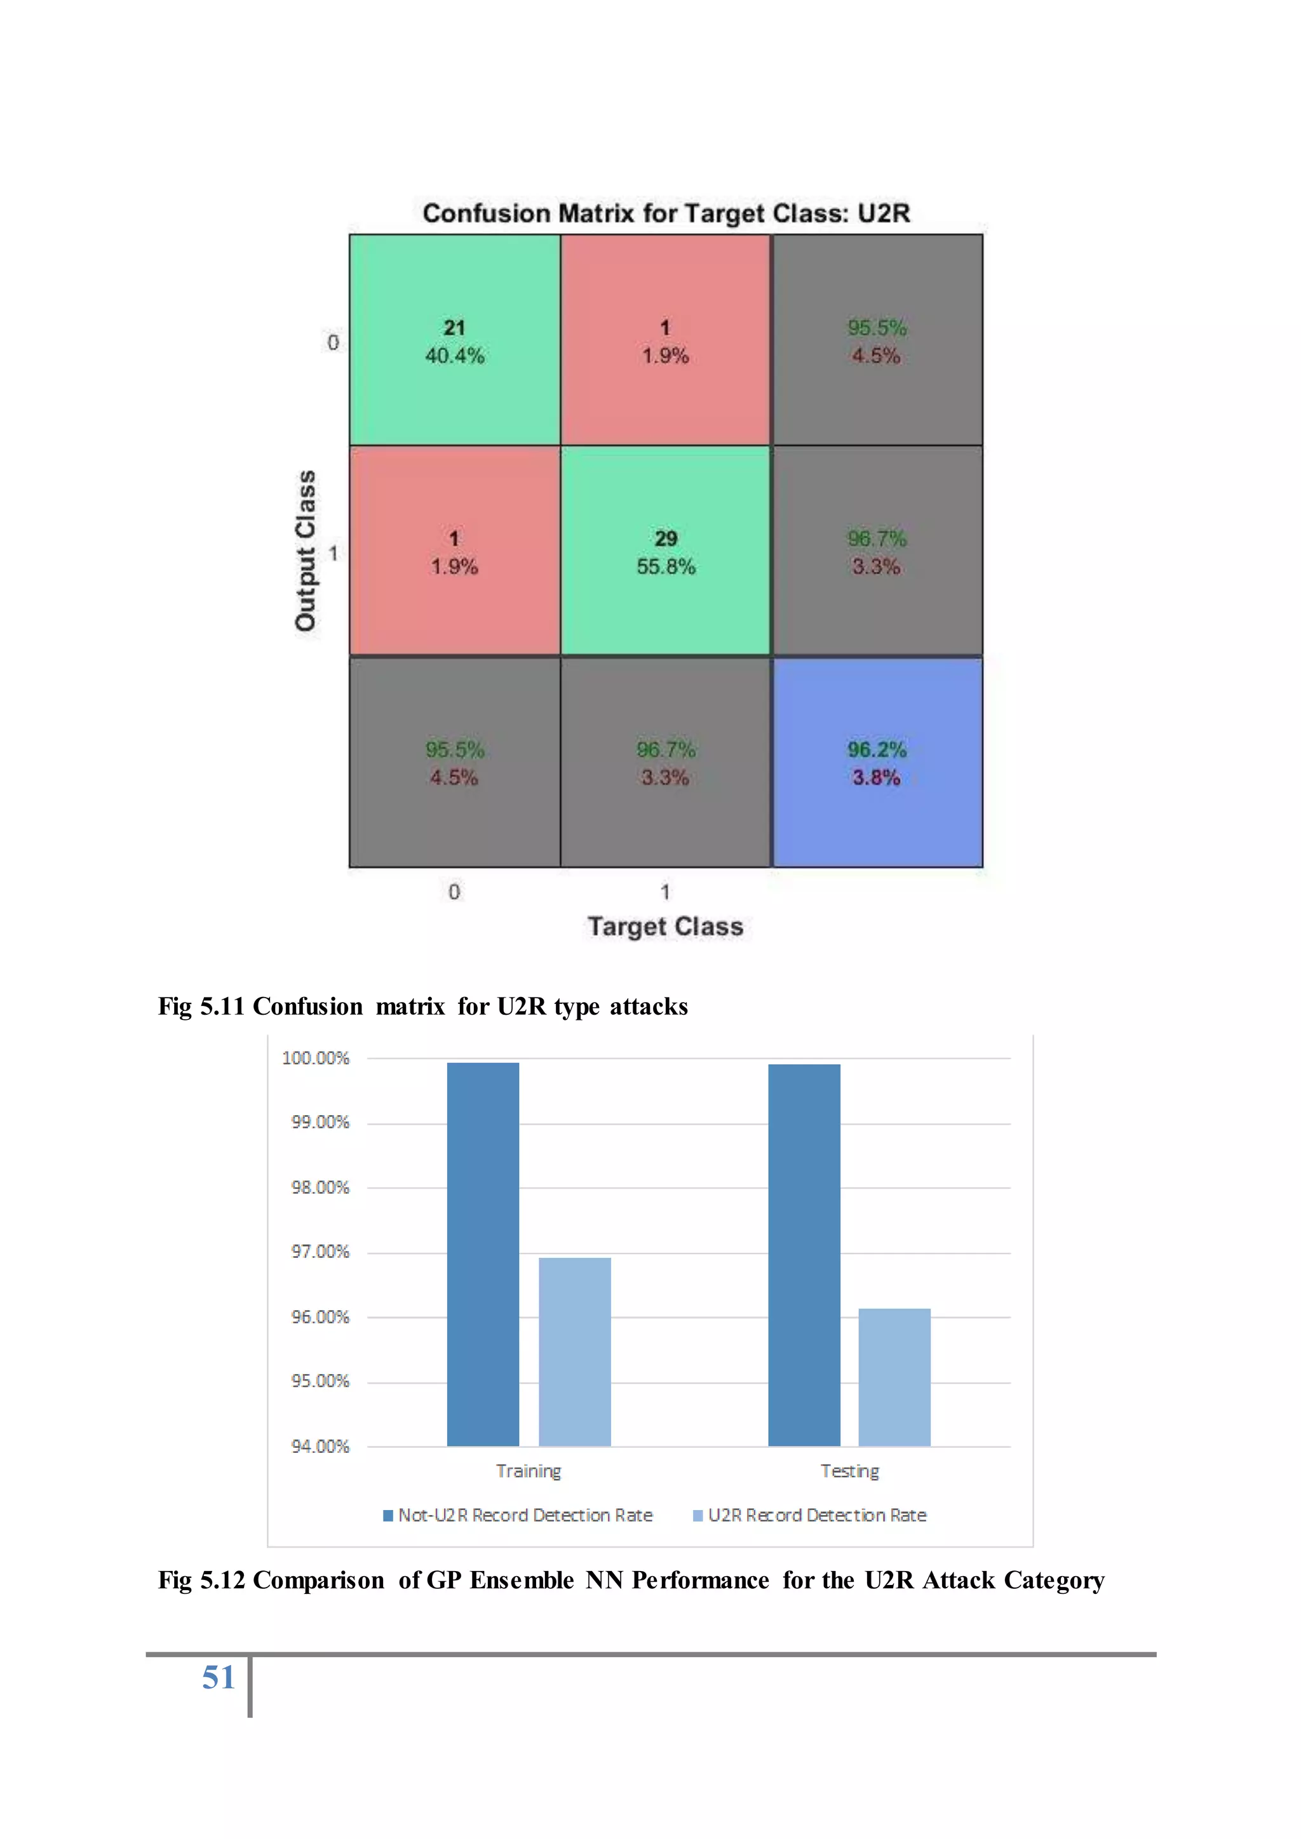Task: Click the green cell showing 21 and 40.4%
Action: pyautogui.click(x=454, y=340)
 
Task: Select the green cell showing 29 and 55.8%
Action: pyautogui.click(x=665, y=551)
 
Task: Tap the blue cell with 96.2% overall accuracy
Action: pyautogui.click(x=877, y=763)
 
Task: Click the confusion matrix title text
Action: pyautogui.click(x=666, y=213)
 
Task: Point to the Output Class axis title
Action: pyautogui.click(x=305, y=551)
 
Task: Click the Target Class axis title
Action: pyautogui.click(x=665, y=926)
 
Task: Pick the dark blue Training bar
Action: pyautogui.click(x=482, y=1254)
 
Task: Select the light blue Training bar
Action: pyautogui.click(x=574, y=1351)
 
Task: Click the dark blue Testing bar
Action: pyautogui.click(x=804, y=1254)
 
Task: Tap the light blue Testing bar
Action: pyautogui.click(x=894, y=1377)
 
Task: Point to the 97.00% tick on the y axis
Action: pyautogui.click(x=320, y=1252)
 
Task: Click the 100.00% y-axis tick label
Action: pyautogui.click(x=316, y=1058)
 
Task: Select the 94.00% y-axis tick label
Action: pyautogui.click(x=320, y=1447)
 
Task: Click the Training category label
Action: pyautogui.click(x=529, y=1471)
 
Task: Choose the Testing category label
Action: pyautogui.click(x=849, y=1471)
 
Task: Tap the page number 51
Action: pyautogui.click(x=218, y=1677)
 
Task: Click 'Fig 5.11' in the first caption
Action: pyautogui.click(x=200, y=1006)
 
